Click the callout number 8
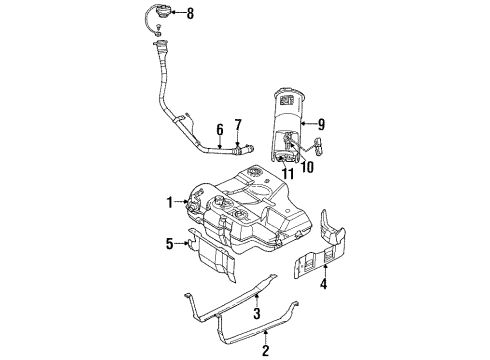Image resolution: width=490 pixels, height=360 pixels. [x=191, y=13]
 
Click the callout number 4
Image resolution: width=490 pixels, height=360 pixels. [x=322, y=286]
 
